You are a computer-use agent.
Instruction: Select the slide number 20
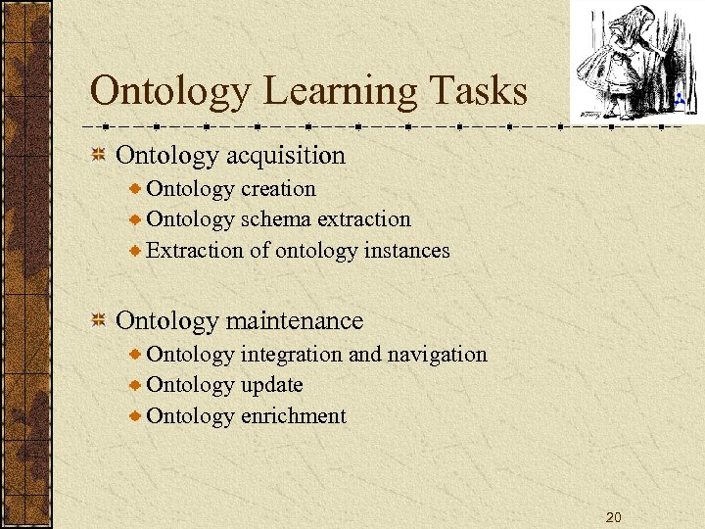[x=613, y=516]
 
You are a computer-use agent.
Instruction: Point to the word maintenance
[x=295, y=320]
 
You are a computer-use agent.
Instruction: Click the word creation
[x=278, y=189]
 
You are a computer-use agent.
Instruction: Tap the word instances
[x=406, y=251]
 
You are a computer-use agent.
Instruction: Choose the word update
[x=271, y=385]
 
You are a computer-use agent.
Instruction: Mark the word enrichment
[x=293, y=416]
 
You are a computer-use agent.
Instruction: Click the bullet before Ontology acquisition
[x=98, y=155]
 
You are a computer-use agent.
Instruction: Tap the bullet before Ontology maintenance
[x=98, y=320]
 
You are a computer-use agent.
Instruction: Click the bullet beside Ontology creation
[x=136, y=189]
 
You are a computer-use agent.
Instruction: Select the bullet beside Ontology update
[x=136, y=385]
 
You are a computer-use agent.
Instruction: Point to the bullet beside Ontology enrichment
[x=136, y=416]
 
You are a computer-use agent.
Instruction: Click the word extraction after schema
[x=364, y=219]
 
